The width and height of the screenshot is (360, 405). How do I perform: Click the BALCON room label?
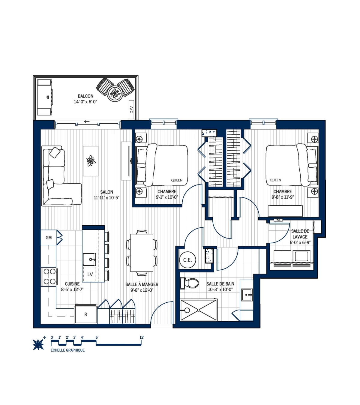85,96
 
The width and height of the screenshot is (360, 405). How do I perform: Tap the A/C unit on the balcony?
131,110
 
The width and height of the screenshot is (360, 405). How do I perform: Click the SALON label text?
106,192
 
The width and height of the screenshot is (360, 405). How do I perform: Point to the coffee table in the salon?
91,161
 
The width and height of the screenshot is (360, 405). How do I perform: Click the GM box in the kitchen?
49,238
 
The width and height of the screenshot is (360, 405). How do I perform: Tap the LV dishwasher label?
90,274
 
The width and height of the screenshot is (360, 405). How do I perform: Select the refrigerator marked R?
86,314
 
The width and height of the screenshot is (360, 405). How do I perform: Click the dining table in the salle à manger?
142,253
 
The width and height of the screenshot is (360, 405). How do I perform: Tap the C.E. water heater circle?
187,260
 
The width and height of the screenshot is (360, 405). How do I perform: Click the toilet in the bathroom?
190,283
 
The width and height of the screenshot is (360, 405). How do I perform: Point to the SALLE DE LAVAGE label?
300,234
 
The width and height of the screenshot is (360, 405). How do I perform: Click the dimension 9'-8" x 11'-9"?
283,197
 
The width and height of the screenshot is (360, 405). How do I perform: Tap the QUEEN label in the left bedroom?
177,180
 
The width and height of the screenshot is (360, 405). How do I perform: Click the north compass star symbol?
38,344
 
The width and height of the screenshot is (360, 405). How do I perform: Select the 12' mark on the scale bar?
142,337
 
